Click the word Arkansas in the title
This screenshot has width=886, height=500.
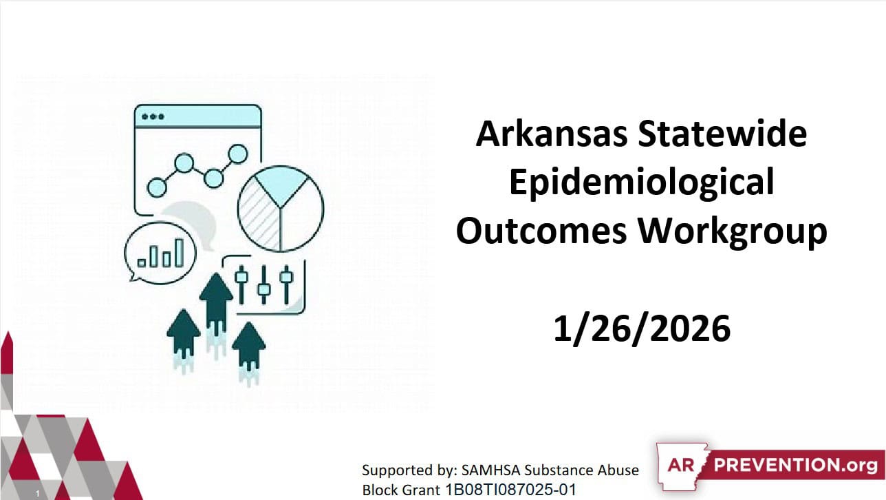pyautogui.click(x=552, y=134)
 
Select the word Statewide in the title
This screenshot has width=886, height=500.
pyautogui.click(x=722, y=133)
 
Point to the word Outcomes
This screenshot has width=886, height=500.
pyautogui.click(x=541, y=231)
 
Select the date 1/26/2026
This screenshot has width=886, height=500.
pyautogui.click(x=642, y=329)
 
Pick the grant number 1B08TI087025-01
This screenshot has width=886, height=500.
pyautogui.click(x=510, y=490)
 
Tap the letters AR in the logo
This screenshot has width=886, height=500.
pyautogui.click(x=681, y=466)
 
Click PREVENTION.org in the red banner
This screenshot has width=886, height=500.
pyautogui.click(x=796, y=466)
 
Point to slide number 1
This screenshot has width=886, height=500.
pyautogui.click(x=38, y=493)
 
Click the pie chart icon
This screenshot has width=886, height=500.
pyautogui.click(x=281, y=209)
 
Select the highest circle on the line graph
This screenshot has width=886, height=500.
pyautogui.click(x=238, y=154)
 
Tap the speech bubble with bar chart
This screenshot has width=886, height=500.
pyautogui.click(x=160, y=253)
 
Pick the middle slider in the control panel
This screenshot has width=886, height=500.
pyautogui.click(x=264, y=285)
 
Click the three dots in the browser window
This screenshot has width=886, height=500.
pyautogui.click(x=153, y=116)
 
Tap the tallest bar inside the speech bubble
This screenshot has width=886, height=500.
pyautogui.click(x=179, y=253)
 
